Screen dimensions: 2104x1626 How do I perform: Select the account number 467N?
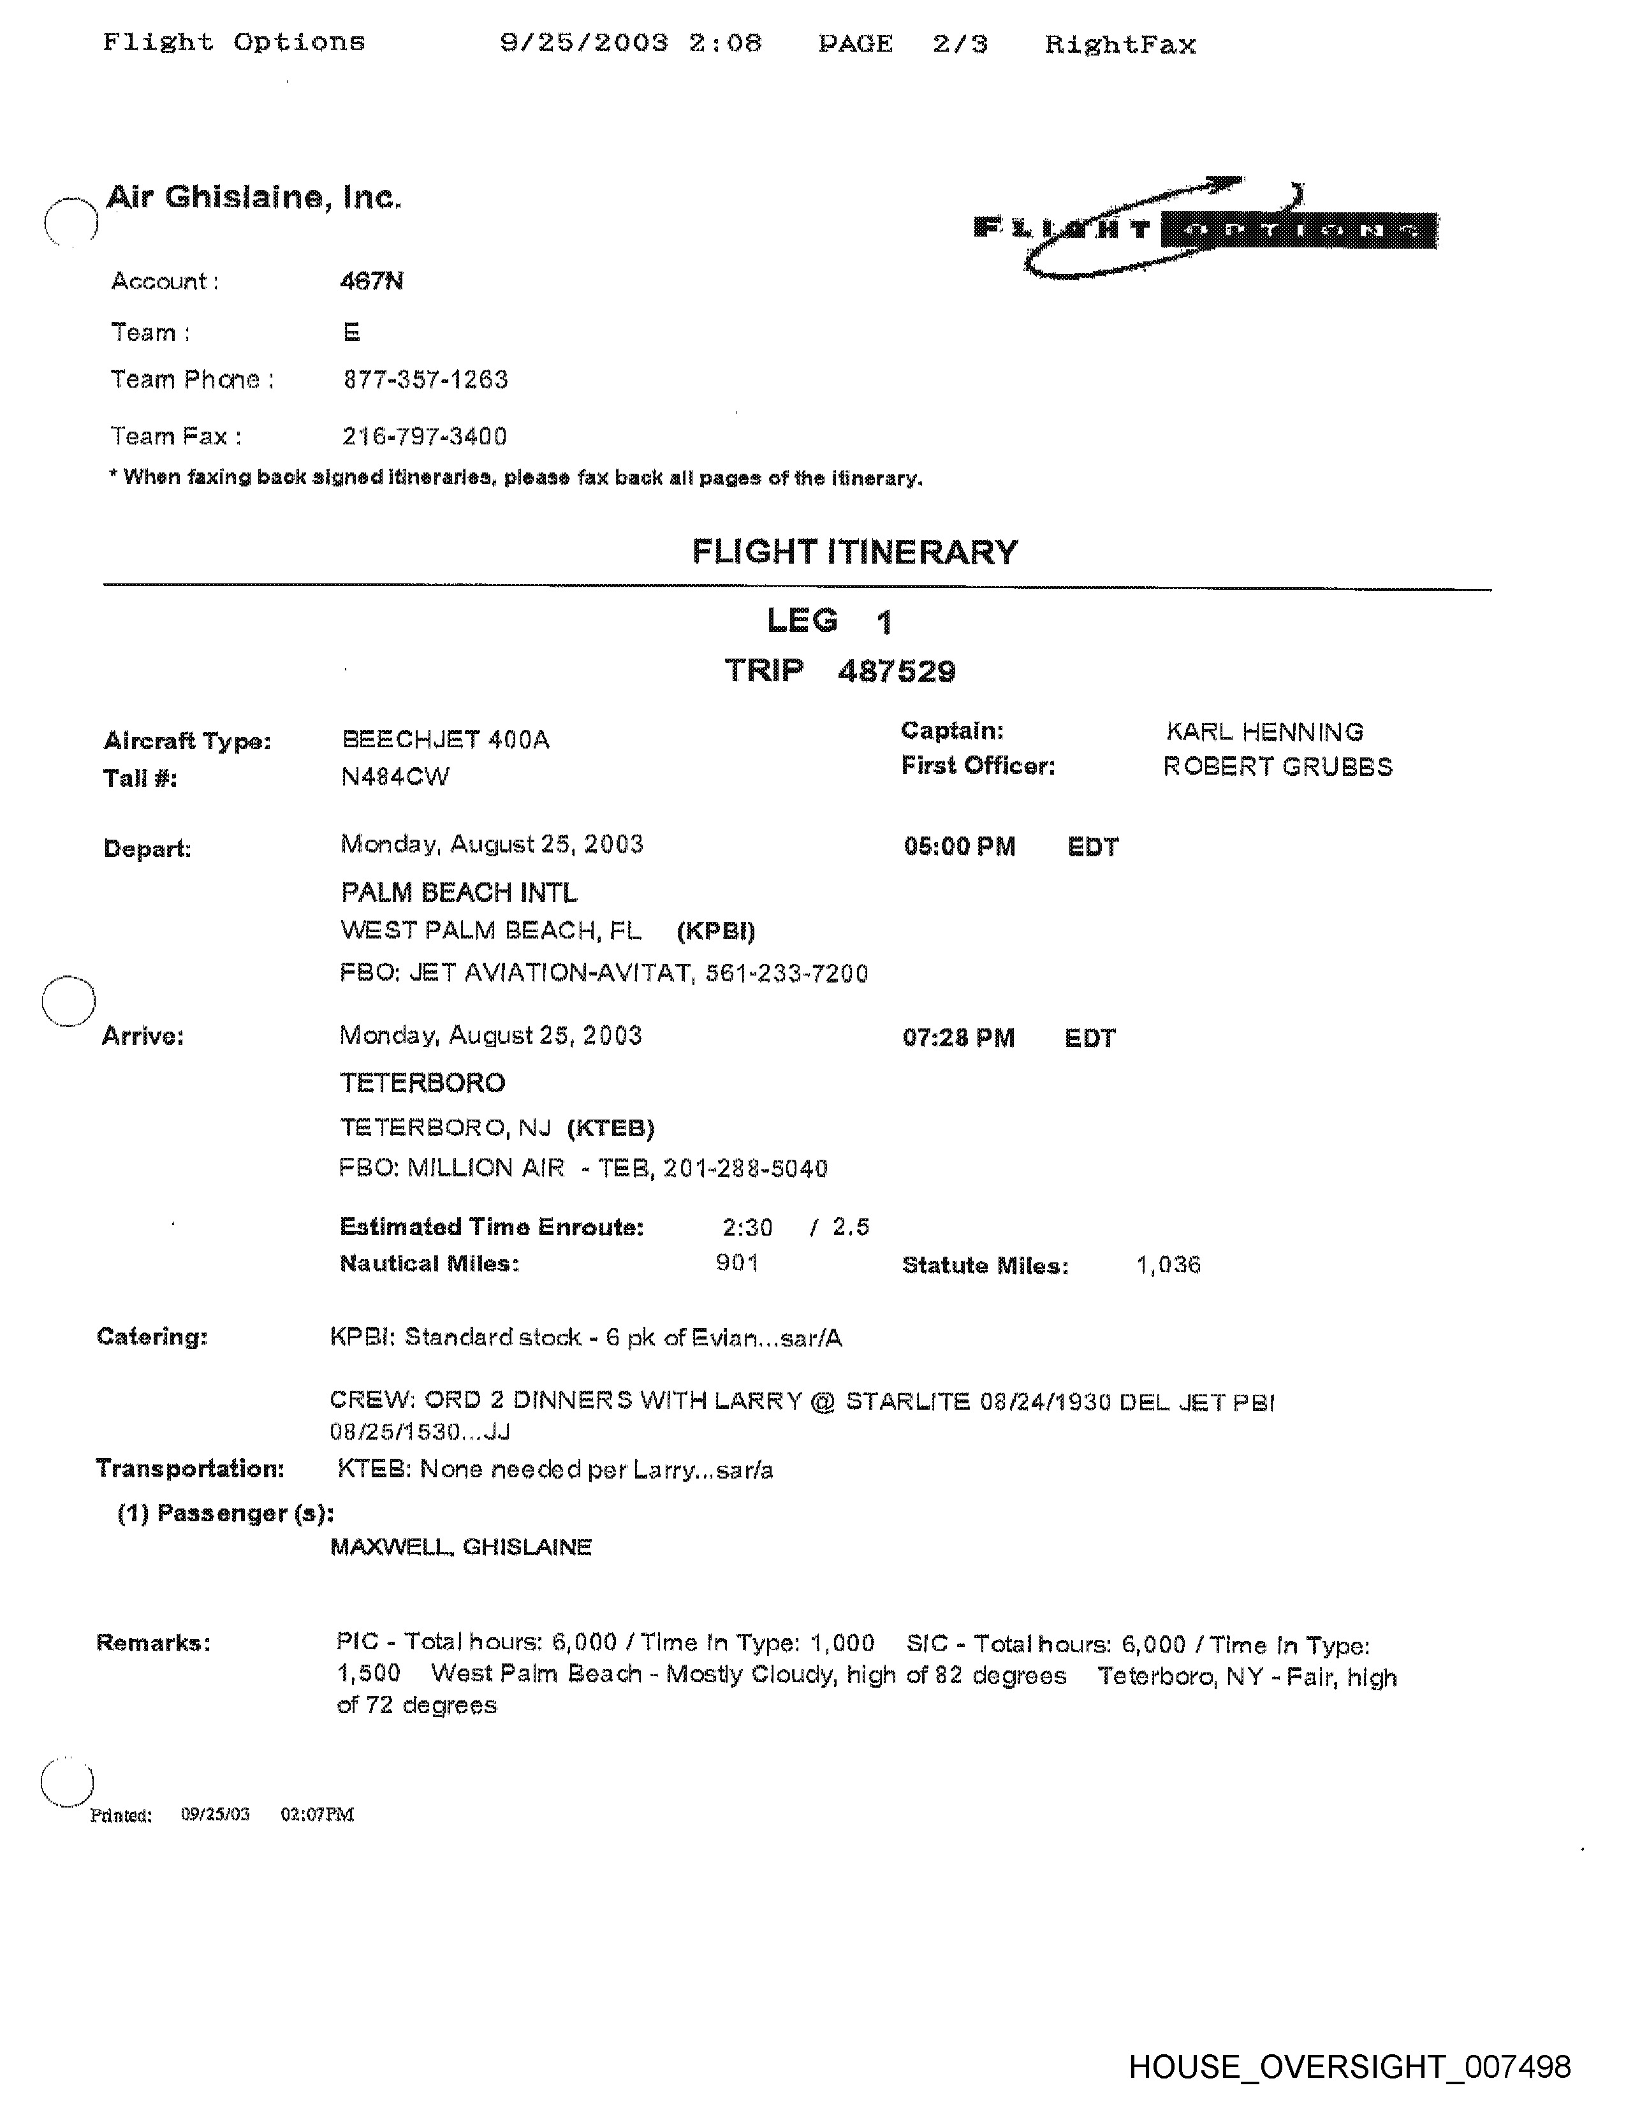[x=372, y=281]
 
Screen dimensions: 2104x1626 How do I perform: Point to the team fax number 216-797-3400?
[x=425, y=436]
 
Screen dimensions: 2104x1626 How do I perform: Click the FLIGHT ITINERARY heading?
[x=854, y=552]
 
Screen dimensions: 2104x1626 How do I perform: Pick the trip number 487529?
[x=896, y=671]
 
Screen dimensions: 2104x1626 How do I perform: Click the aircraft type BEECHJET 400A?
[x=445, y=740]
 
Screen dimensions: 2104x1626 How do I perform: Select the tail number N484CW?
[x=395, y=777]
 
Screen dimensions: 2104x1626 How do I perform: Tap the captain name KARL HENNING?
[x=1264, y=732]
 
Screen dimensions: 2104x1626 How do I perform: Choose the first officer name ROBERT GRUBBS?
[x=1277, y=767]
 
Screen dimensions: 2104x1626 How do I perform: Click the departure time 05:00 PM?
[x=958, y=847]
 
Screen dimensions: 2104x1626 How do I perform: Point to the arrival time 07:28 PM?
[x=958, y=1037]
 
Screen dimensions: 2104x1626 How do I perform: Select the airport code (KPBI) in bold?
[x=715, y=931]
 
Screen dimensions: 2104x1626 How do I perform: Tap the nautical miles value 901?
[x=737, y=1263]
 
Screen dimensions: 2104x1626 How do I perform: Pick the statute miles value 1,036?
[x=1168, y=1265]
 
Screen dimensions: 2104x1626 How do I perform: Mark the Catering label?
[x=152, y=1337]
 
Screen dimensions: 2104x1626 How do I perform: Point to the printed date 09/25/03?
[x=215, y=1815]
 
